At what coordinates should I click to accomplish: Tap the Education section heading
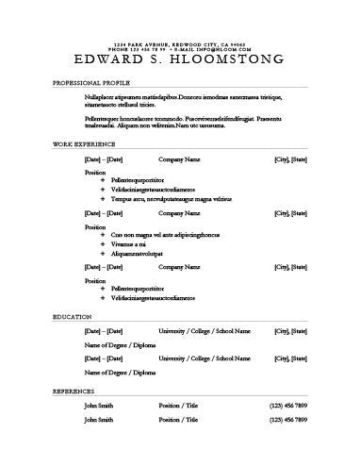tap(72, 316)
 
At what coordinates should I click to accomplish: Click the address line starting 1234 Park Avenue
tap(179, 44)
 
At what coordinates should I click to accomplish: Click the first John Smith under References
tap(99, 405)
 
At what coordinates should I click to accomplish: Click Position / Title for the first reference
tap(184, 405)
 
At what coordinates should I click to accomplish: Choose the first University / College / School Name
tap(205, 332)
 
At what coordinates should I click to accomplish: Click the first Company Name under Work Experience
tap(179, 159)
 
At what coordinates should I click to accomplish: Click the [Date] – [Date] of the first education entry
tap(104, 332)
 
